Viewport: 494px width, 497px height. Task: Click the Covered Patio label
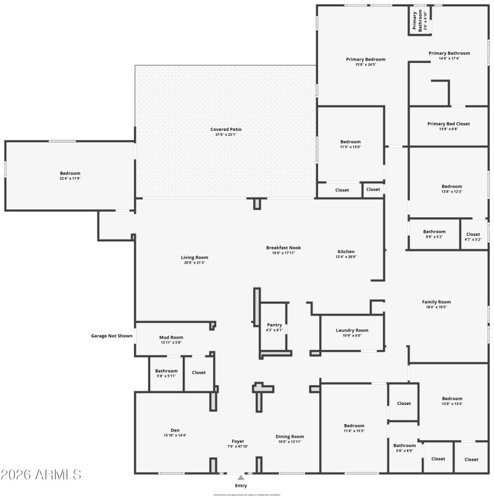[226, 130]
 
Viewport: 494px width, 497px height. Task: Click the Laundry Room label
[352, 330]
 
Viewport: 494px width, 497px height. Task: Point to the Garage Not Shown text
[112, 336]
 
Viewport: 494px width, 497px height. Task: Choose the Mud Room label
[171, 338]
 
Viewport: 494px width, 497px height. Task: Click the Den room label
[175, 430]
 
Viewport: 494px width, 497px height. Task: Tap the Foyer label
[238, 441]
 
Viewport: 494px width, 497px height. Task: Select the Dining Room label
[290, 436]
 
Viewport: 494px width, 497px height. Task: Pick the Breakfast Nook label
[283, 248]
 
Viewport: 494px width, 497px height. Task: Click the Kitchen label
[346, 252]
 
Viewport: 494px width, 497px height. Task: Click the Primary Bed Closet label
[448, 123]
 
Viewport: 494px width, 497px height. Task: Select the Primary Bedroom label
[366, 59]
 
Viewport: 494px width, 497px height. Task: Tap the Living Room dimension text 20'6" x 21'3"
[195, 262]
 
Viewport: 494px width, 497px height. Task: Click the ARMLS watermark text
[41, 475]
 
